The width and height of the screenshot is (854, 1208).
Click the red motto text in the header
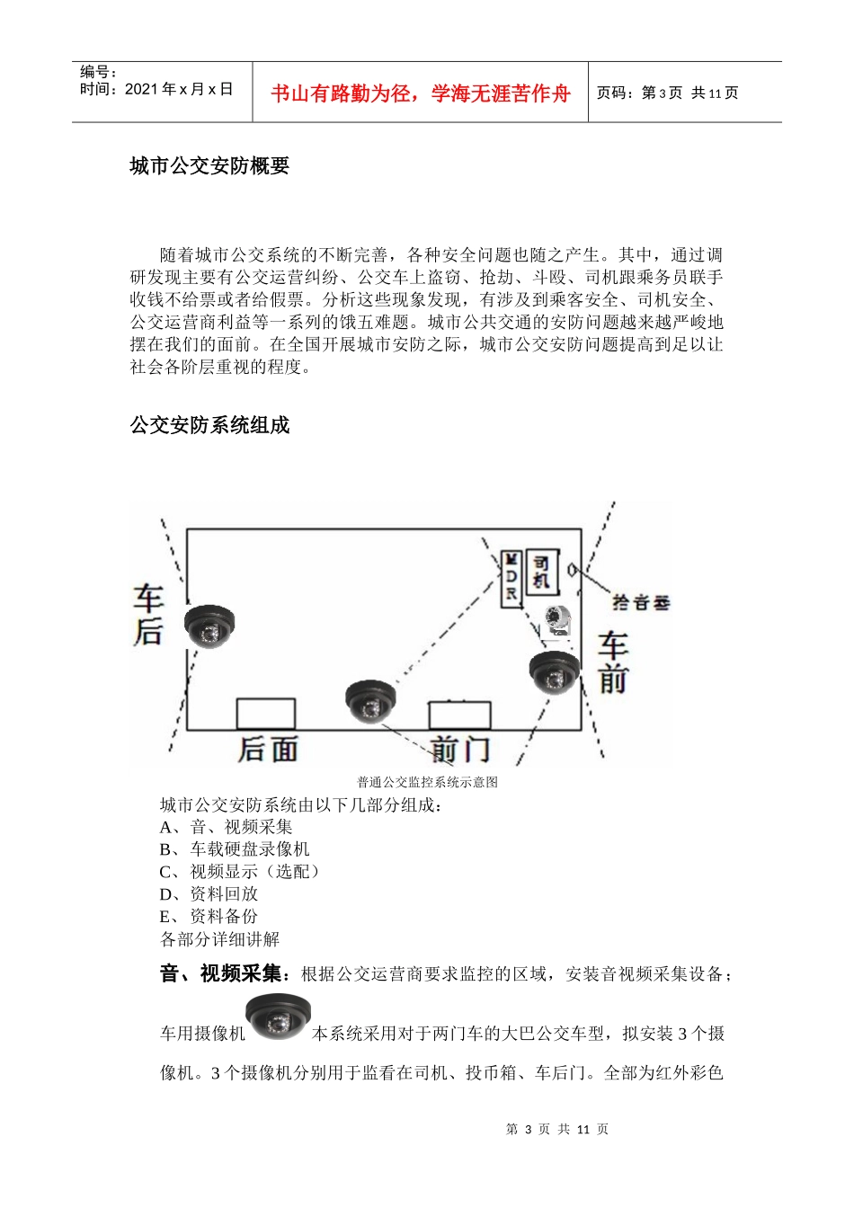click(421, 93)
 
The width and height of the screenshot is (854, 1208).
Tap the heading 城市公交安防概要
click(209, 166)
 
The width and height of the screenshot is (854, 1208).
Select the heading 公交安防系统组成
click(209, 425)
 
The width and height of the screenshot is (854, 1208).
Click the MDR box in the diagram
click(511, 577)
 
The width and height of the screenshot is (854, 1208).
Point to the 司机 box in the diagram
click(540, 573)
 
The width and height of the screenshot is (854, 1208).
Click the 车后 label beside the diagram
click(148, 616)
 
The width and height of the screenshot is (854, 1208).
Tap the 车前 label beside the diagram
click(614, 662)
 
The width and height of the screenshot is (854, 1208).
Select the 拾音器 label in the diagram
click(640, 602)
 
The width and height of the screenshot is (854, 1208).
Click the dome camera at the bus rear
click(209, 626)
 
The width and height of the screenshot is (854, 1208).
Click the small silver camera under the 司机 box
click(558, 620)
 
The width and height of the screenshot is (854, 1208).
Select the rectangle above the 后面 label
click(265, 714)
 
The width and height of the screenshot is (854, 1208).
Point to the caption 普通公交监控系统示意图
click(427, 782)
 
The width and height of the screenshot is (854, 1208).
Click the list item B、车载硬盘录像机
click(235, 849)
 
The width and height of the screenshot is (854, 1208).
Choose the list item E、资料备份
click(209, 917)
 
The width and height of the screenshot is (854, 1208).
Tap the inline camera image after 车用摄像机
click(279, 1017)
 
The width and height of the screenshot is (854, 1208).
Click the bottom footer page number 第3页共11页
click(557, 1129)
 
